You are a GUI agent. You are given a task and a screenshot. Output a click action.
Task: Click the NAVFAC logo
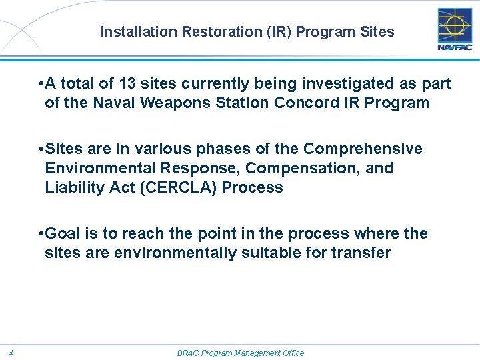454,29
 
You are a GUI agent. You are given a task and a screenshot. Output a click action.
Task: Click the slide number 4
12,353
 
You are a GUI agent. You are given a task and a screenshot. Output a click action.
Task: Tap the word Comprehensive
364,148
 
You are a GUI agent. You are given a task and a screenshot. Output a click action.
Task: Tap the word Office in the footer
291,353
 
